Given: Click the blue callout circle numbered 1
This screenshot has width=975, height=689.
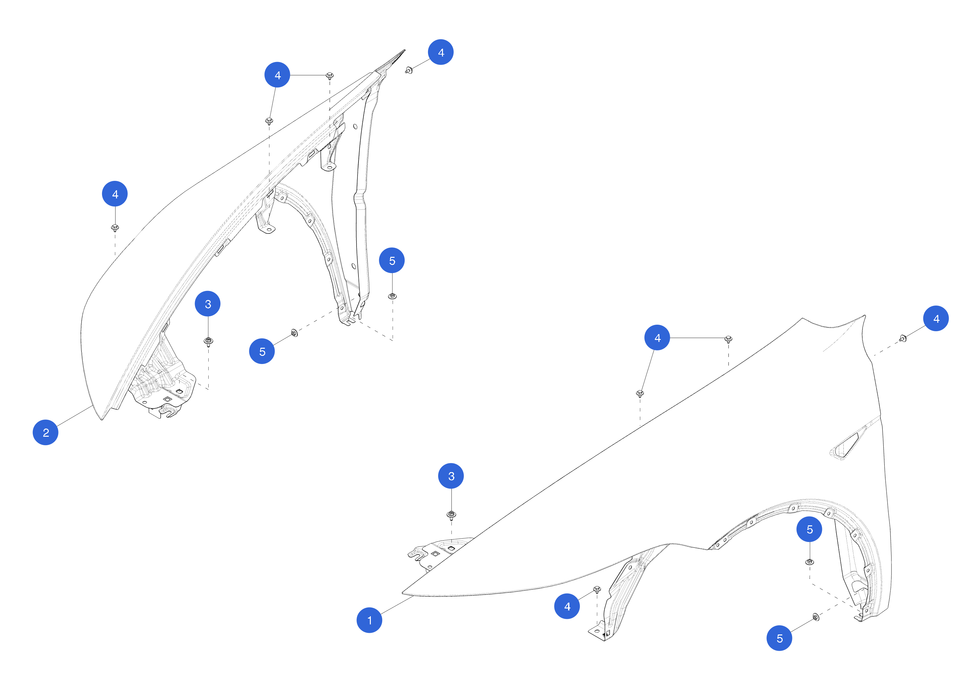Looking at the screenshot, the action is (369, 620).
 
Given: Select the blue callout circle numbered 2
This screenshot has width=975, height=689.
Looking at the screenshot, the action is (45, 432).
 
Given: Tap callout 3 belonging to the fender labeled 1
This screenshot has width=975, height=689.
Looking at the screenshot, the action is (451, 476).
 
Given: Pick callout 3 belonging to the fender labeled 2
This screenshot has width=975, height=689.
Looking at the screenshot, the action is (208, 304).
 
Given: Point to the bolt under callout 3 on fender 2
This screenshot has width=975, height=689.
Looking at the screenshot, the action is (208, 342).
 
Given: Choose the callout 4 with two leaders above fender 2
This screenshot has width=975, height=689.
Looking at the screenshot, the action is (277, 75).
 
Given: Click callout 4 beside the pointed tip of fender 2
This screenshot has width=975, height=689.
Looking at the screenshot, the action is (441, 52).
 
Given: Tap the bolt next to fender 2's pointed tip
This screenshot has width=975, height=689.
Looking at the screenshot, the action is (409, 70).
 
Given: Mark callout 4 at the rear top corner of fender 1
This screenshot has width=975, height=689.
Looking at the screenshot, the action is (936, 319).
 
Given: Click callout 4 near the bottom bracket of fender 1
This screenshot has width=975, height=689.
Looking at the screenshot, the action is (567, 606).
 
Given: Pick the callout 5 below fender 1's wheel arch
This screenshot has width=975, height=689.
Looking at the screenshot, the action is (779, 638).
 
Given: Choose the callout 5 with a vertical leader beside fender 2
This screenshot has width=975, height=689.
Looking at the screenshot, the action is (392, 260).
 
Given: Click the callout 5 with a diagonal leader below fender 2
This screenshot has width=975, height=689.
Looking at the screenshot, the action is (262, 351).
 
